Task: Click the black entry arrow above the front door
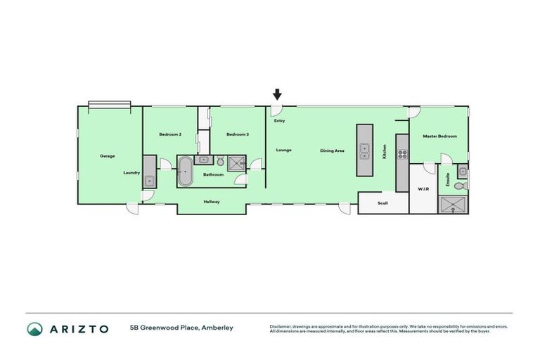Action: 277,94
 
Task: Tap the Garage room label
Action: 107,156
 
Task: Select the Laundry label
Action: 131,172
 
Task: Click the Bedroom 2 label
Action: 170,134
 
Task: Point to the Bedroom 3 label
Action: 237,134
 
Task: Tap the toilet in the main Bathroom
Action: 219,160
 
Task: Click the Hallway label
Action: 212,202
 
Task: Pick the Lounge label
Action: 283,150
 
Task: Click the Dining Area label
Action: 332,150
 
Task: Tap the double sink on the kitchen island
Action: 364,150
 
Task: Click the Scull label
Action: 382,203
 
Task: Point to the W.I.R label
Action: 423,189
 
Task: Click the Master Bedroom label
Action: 439,136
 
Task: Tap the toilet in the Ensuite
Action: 461,186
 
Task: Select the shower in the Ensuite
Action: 453,204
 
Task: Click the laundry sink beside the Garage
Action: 149,181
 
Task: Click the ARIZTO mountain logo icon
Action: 35,328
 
